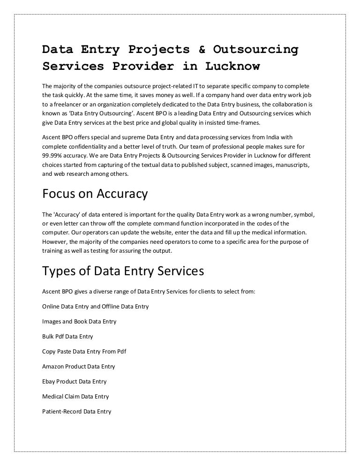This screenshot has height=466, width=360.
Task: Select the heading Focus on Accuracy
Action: click(95, 193)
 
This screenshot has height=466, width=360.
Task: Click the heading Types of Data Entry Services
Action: click(123, 271)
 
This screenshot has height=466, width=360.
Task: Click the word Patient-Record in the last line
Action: click(62, 412)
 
